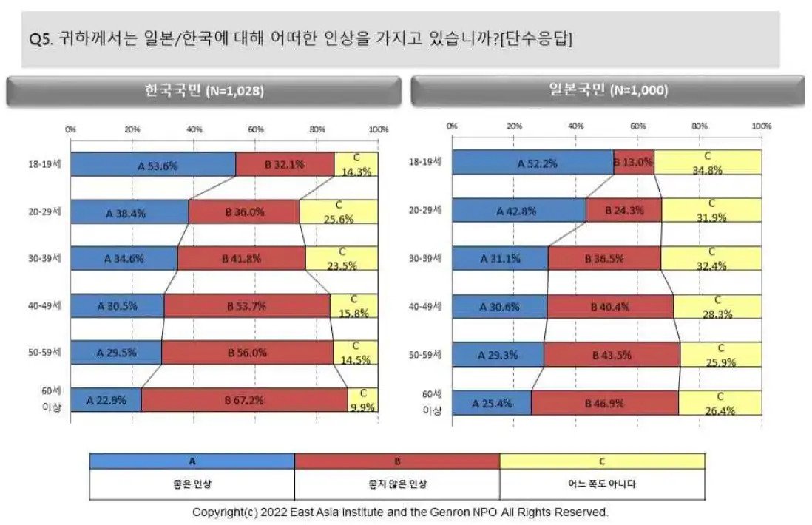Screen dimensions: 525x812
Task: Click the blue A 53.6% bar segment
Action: (x=153, y=165)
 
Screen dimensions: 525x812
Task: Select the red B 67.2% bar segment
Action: (x=244, y=400)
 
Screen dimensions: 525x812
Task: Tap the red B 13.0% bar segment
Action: (x=634, y=163)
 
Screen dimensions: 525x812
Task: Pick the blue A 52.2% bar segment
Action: (x=532, y=163)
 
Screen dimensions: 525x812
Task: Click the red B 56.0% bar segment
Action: (x=247, y=353)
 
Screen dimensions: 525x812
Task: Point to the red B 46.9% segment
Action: (x=604, y=403)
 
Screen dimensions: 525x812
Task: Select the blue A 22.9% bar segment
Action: (x=106, y=400)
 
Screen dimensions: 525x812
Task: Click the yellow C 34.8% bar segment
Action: (x=708, y=163)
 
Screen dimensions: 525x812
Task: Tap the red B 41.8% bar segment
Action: (x=241, y=259)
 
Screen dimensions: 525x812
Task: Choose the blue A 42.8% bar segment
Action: (x=518, y=211)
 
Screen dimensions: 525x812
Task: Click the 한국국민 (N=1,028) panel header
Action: (x=204, y=91)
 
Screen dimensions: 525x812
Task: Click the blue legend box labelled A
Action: (x=192, y=461)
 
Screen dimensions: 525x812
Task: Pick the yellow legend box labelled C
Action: (x=602, y=461)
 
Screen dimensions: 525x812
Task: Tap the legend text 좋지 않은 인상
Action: (x=397, y=485)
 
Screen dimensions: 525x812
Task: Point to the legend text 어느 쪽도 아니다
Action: (x=602, y=485)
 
